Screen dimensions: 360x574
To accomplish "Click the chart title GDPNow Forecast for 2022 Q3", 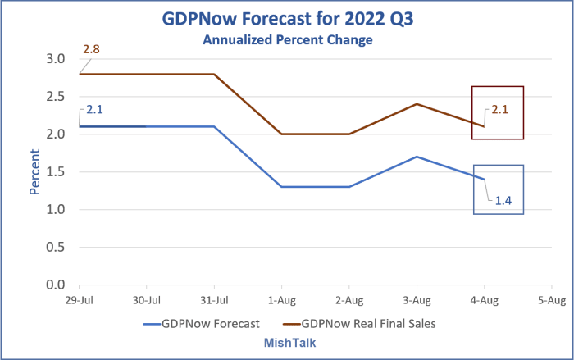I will click(287, 18).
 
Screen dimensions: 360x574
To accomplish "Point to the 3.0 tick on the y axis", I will click(55, 59).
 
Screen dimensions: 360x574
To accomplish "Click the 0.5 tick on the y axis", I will click(55, 247).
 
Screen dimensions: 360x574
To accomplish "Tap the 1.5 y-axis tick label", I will click(55, 172).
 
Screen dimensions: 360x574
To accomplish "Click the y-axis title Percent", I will click(35, 171).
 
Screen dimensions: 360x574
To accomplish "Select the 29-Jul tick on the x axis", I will click(79, 301).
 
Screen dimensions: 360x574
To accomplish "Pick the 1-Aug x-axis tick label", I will click(281, 301).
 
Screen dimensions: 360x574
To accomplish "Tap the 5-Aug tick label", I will click(551, 301).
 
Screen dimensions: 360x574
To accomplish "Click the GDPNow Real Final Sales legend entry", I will click(361, 323).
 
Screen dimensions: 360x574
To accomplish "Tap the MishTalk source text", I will click(286, 340).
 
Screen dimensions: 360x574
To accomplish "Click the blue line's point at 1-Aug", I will click(281, 187).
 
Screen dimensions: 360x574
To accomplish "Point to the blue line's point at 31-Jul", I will click(214, 126).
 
